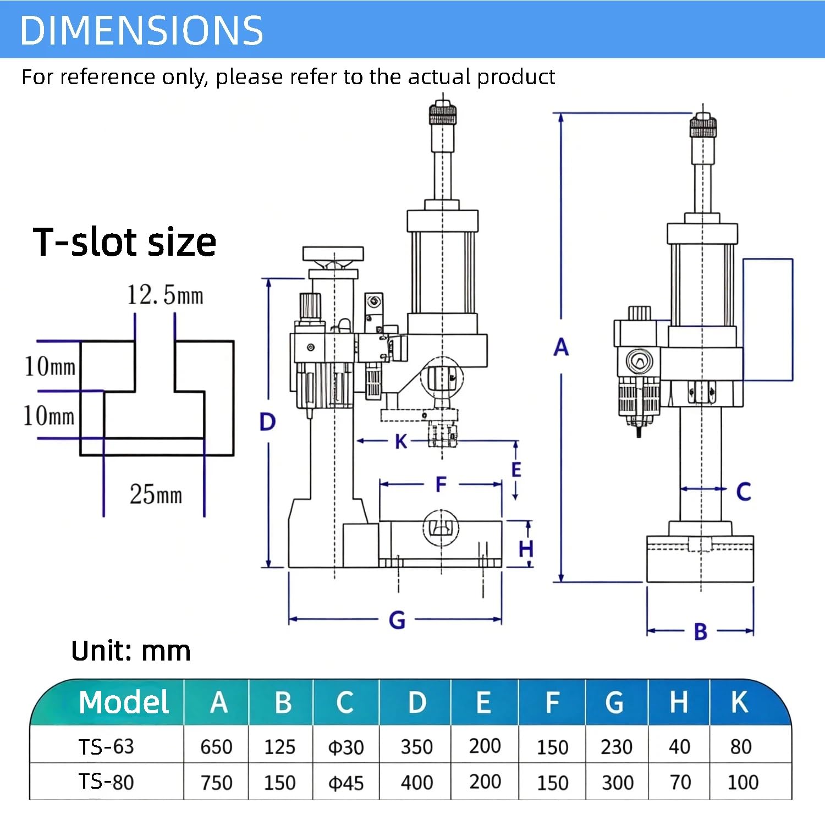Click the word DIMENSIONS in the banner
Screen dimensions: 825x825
pos(141,30)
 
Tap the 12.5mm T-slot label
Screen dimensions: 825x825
pos(165,295)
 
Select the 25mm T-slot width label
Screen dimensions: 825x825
pos(156,494)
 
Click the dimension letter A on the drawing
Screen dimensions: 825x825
pos(561,347)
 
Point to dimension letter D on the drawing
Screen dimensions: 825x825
pos(267,422)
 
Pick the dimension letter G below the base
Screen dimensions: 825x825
pos(397,620)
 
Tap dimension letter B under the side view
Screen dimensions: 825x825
pos(700,632)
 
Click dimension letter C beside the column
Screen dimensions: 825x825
pos(744,492)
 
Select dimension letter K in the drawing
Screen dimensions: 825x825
pos(401,441)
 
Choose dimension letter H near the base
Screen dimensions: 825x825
pos(526,548)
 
